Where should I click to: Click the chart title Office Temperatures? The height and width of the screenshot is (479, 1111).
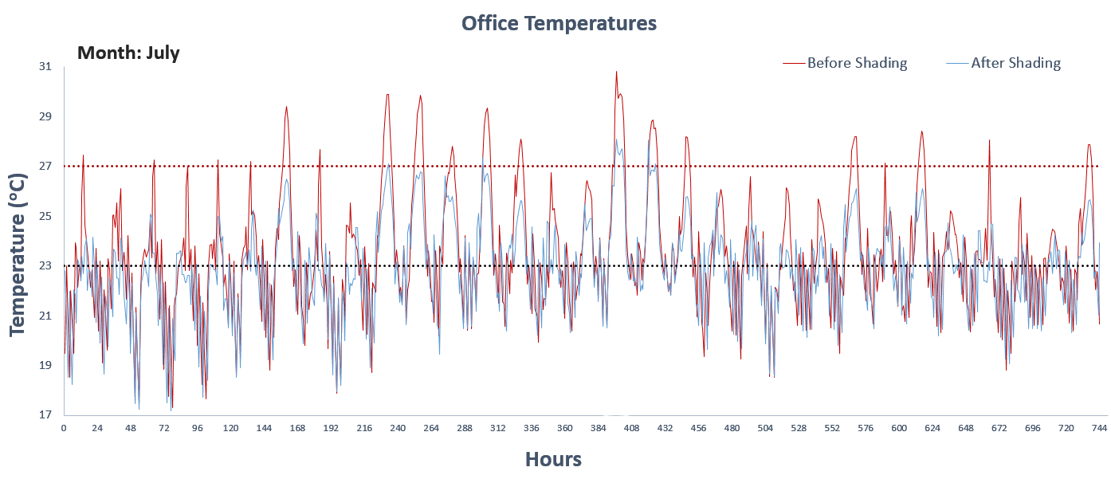coord(559,23)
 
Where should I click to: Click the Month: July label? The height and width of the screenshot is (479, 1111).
coord(128,53)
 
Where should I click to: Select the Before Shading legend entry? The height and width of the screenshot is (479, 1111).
coord(857,63)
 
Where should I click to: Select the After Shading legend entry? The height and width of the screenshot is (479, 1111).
coord(1015,63)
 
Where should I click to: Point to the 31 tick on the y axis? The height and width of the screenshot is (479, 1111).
coord(45,67)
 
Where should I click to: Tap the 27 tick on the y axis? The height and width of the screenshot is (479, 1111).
coord(45,167)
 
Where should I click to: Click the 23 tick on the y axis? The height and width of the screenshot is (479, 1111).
coord(45,266)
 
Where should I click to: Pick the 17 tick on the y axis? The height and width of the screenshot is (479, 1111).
coord(45,415)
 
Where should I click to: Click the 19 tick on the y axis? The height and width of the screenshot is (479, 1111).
coord(45,366)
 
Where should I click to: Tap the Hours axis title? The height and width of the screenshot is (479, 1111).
coord(553,459)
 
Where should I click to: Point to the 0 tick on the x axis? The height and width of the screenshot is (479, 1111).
coord(64,429)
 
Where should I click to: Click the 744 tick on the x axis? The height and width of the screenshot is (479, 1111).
coord(1099,429)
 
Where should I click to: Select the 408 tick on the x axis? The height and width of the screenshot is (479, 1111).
coord(631,429)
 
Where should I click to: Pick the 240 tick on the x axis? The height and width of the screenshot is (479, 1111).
coord(398,429)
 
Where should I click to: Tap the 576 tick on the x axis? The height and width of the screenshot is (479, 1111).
coord(866,429)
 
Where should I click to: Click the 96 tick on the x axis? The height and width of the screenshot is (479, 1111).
coord(197,429)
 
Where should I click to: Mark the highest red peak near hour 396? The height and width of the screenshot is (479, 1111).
coord(616,72)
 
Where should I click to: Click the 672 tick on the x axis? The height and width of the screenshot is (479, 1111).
coord(999,429)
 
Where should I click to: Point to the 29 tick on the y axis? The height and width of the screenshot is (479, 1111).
coord(45,117)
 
